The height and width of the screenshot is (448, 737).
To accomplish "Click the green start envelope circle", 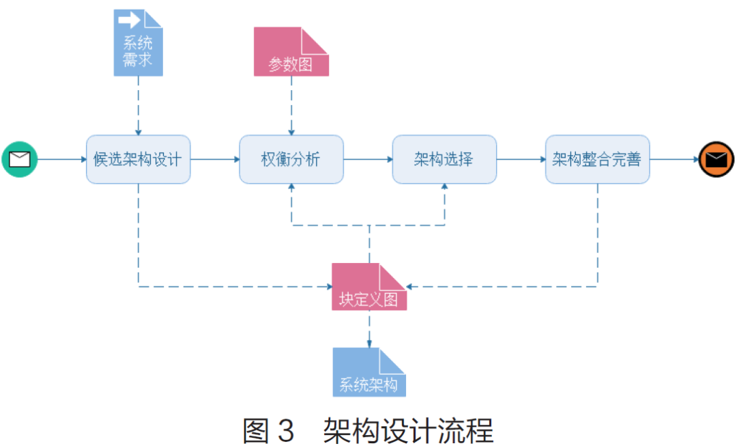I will [x=19, y=159].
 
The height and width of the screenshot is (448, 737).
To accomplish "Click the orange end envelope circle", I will [x=716, y=160].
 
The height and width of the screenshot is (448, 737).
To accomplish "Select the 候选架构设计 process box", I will [x=138, y=159].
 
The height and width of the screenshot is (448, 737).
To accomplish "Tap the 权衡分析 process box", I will [x=291, y=159].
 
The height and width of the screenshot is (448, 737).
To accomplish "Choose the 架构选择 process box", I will [x=444, y=159].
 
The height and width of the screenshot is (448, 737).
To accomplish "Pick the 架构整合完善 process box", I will [x=597, y=159].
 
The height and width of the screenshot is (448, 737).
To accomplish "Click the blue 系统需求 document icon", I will [x=138, y=42].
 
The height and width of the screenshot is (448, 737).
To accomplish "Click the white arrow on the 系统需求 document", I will [x=129, y=19].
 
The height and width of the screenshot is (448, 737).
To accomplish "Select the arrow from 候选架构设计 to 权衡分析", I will [x=215, y=159].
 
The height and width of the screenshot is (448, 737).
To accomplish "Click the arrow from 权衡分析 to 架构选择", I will [x=368, y=159].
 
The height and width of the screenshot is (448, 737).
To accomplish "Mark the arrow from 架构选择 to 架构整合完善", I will [x=521, y=159].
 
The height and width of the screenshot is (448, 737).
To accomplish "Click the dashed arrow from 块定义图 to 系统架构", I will [x=369, y=329].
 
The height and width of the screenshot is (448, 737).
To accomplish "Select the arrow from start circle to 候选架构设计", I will [x=61, y=159].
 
